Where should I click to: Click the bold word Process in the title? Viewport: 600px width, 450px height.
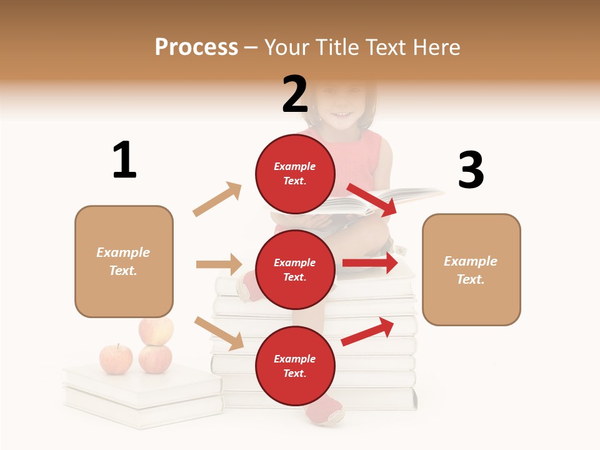[x=196, y=47]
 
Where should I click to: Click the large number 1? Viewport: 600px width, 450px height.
[x=124, y=161]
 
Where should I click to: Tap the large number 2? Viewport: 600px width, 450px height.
[x=295, y=94]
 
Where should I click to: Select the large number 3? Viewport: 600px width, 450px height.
[x=471, y=170]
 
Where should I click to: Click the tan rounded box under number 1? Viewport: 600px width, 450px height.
[x=124, y=261]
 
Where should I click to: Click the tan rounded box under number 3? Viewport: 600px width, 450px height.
[x=471, y=269]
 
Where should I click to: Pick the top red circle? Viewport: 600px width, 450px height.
[x=295, y=174]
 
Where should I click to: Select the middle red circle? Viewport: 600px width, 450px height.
[x=295, y=269]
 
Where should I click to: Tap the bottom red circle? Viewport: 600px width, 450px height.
[x=295, y=366]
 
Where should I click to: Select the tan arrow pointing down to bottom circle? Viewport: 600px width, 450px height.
[x=219, y=332]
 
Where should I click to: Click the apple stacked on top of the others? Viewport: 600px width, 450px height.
[x=156, y=331]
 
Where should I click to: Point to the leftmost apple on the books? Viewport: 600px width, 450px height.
[x=116, y=359]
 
